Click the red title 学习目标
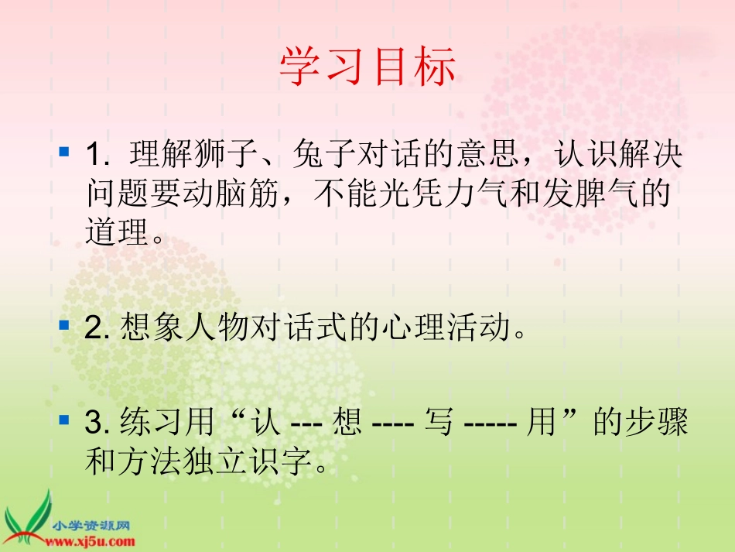(x=367, y=68)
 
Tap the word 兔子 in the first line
(x=313, y=156)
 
